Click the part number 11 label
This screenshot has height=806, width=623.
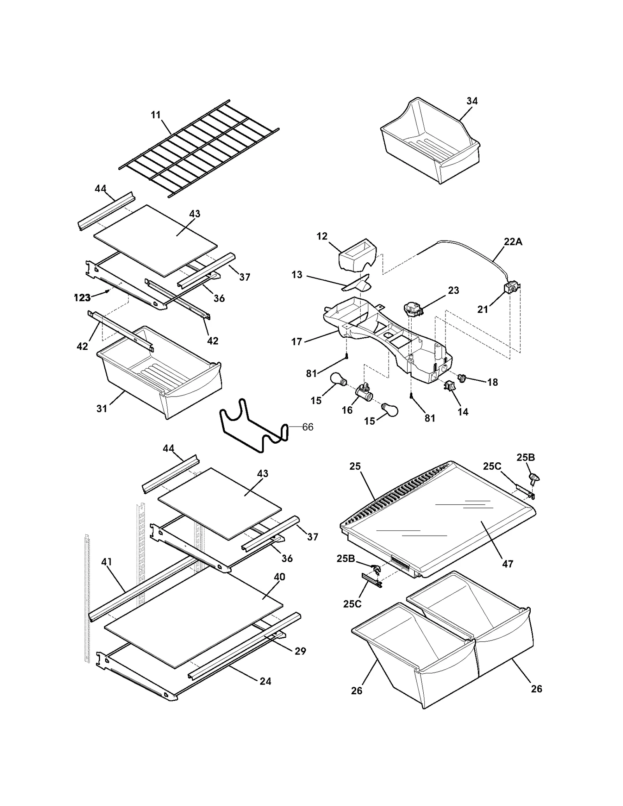tap(156, 115)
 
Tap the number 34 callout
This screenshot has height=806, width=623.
tap(472, 101)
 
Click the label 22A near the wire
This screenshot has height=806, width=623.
tap(513, 242)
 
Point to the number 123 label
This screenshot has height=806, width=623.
tap(82, 298)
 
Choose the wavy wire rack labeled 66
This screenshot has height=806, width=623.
tap(253, 426)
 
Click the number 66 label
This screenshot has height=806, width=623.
tap(308, 427)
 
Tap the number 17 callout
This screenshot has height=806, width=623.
tap(297, 342)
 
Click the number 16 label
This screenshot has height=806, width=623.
tap(347, 410)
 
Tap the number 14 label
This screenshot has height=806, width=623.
tap(463, 412)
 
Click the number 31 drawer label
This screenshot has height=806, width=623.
tap(102, 409)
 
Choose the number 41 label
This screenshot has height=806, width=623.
tap(106, 562)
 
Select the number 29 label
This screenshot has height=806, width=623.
tap(300, 651)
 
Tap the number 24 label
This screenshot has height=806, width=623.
tap(266, 681)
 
